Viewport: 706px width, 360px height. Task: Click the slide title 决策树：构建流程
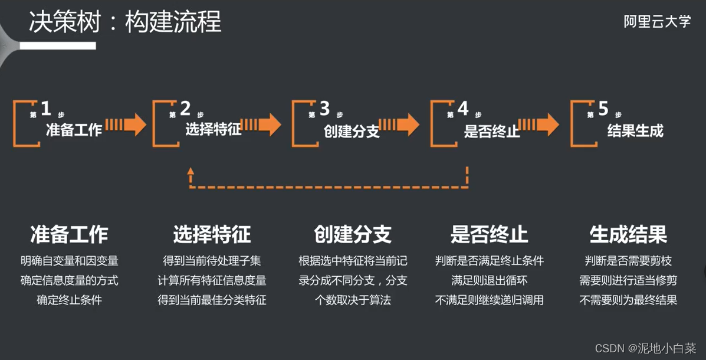coord(125,22)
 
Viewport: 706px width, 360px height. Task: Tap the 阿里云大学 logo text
coord(657,22)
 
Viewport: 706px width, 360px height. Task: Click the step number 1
coord(46,109)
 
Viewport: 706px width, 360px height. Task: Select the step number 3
coord(324,109)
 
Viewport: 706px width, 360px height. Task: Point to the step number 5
coord(603,109)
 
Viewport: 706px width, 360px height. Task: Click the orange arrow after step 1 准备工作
coord(126,124)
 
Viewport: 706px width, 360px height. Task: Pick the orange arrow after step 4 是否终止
coord(539,124)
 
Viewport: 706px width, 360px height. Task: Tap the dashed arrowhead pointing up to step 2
coord(191,172)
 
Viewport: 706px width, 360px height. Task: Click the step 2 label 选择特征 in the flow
coord(214,130)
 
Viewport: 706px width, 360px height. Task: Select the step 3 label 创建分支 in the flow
coord(352,131)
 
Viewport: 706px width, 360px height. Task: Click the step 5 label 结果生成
coord(635,130)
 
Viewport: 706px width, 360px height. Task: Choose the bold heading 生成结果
coord(628,234)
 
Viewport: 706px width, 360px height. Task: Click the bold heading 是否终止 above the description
coord(489,234)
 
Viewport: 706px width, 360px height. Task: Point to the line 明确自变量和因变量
coord(69,260)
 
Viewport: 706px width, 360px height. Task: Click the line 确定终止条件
coord(69,300)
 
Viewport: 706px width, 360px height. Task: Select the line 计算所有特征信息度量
coord(212,280)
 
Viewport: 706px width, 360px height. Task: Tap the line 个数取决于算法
coord(353,300)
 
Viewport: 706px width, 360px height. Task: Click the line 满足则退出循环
coord(489,280)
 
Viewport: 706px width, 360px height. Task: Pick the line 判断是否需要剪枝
coord(628,260)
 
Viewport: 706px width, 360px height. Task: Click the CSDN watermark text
coord(645,348)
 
